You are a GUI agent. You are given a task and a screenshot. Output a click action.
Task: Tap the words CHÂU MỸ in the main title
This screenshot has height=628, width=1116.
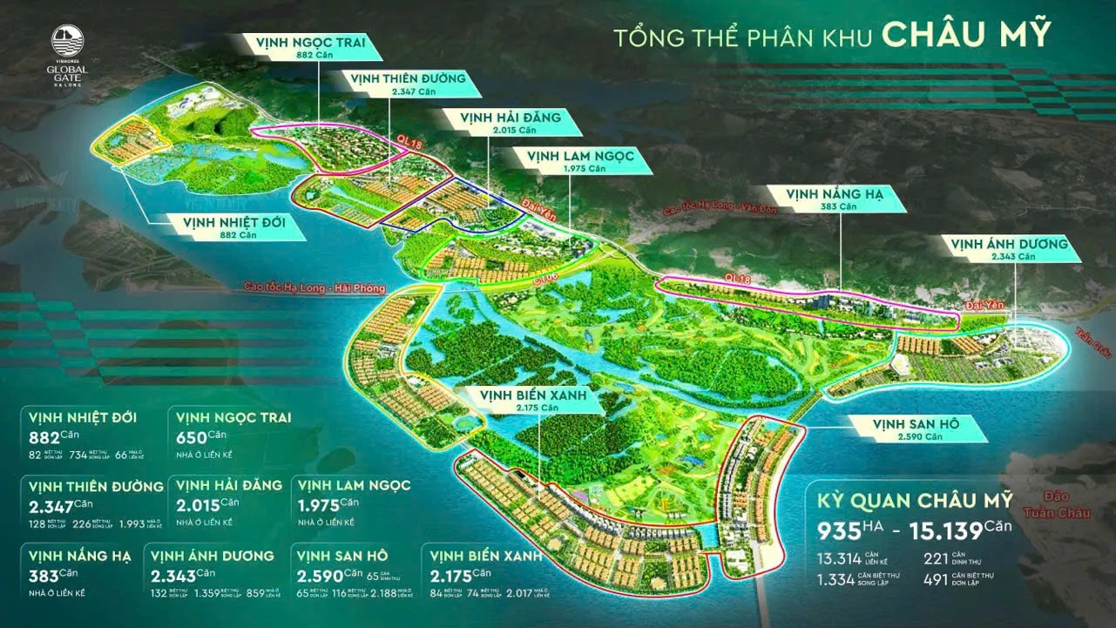966,37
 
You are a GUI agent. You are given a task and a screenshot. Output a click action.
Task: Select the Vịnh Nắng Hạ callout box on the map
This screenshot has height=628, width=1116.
834,199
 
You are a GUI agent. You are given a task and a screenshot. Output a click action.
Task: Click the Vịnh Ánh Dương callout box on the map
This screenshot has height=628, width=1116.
1010,249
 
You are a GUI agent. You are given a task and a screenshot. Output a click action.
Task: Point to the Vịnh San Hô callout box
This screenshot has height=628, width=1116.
916,428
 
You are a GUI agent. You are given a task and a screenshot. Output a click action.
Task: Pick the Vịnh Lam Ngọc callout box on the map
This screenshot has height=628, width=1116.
583,160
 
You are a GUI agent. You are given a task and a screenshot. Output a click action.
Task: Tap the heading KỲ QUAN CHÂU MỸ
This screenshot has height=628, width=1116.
914,501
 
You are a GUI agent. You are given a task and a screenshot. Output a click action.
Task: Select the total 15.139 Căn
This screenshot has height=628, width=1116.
955,530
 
